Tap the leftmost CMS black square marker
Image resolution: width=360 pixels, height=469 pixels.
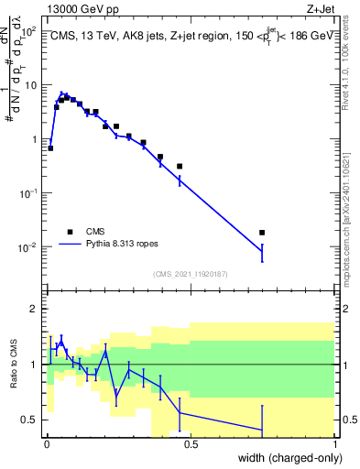coord(50,147)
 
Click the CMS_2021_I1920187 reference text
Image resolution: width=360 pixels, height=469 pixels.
coord(190,273)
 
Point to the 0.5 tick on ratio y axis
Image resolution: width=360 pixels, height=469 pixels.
coord(29,420)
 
